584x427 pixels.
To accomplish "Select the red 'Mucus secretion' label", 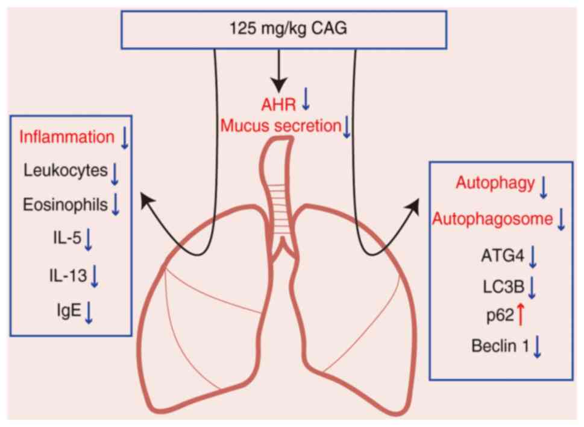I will [280, 126].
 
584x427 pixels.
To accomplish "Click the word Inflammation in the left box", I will [66, 137].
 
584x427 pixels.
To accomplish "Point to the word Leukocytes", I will [66, 171].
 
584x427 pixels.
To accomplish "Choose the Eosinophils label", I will [66, 205].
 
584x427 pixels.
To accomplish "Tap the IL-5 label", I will [66, 240].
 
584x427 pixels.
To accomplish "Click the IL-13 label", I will [68, 276].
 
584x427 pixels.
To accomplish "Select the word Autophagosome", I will [493, 218].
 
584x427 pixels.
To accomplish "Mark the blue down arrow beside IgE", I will [89, 312].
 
